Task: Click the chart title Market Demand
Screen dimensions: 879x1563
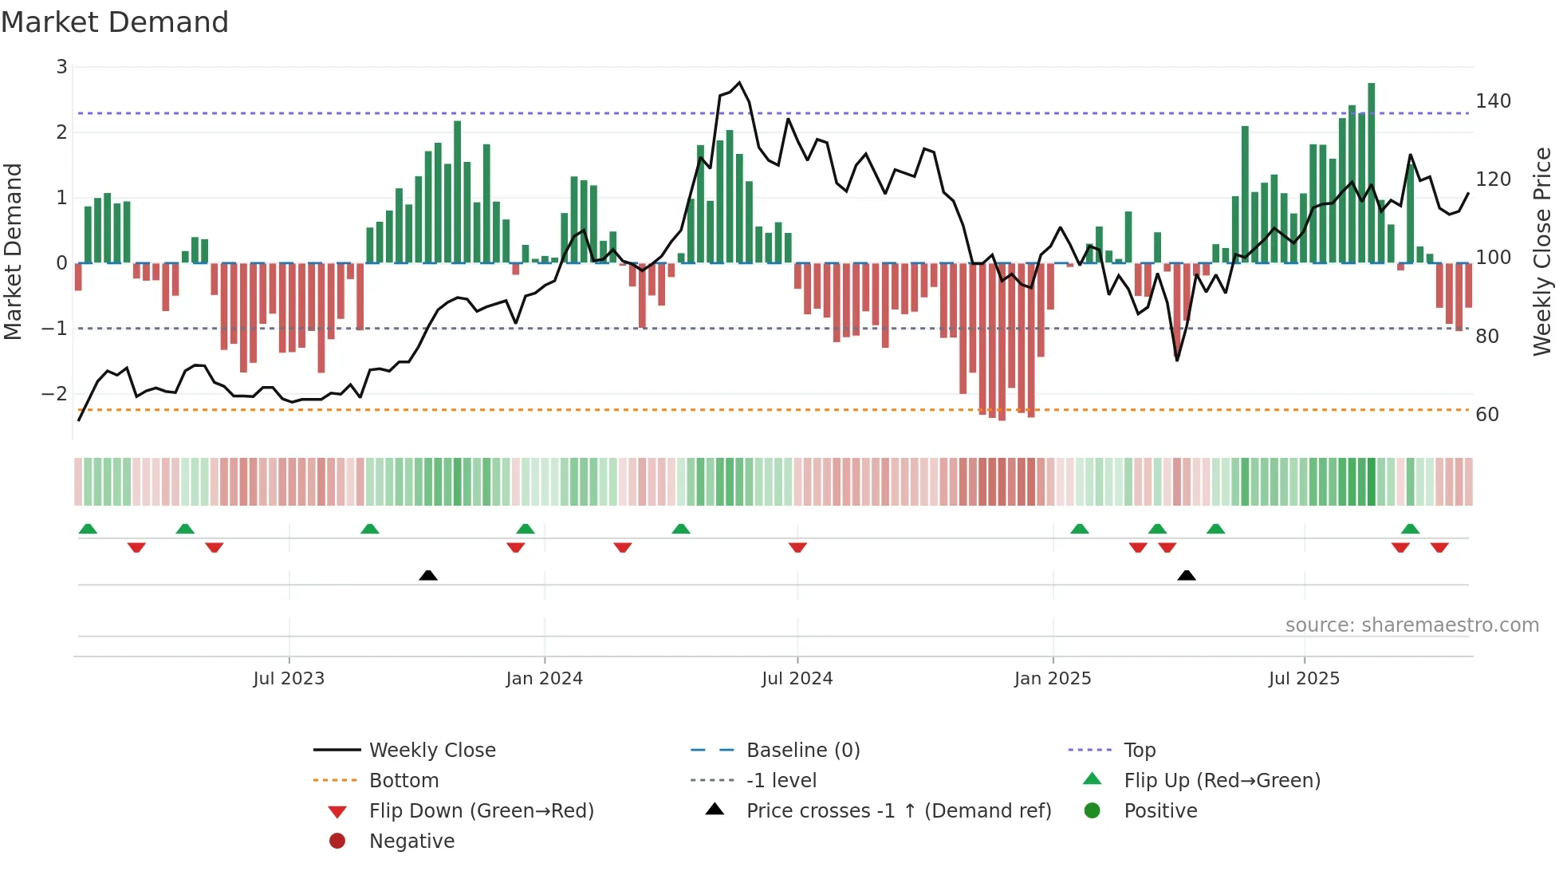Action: (115, 22)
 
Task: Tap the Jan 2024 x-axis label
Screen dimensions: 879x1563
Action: (544, 679)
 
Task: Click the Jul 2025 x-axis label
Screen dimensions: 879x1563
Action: (1304, 679)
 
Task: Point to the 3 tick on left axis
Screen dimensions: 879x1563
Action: (61, 67)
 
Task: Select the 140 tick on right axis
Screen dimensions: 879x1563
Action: (1493, 101)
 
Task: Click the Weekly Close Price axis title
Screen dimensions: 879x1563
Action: (1542, 251)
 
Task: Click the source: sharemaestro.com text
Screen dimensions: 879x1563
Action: (1411, 625)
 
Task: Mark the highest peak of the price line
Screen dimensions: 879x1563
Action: (739, 82)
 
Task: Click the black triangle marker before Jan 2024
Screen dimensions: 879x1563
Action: (428, 575)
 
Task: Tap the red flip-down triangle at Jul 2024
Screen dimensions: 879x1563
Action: (797, 547)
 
